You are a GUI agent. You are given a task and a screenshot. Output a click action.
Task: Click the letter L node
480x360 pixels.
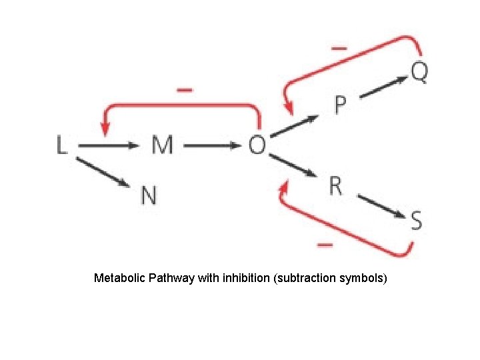(x=61, y=145)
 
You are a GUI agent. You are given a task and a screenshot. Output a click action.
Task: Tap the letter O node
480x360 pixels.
(x=257, y=145)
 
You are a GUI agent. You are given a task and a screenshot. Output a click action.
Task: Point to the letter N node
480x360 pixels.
(x=149, y=195)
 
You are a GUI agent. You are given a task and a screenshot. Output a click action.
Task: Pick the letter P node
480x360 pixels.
(x=340, y=105)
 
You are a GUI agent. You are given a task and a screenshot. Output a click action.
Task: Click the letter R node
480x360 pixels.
(x=335, y=186)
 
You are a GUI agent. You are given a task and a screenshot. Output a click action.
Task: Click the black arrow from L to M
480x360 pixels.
(x=111, y=145)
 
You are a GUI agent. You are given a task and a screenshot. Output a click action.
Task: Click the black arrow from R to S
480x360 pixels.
(x=381, y=206)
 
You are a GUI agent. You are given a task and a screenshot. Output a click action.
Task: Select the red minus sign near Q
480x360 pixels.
(x=339, y=49)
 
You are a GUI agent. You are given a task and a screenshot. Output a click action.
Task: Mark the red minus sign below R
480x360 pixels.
(x=325, y=245)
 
